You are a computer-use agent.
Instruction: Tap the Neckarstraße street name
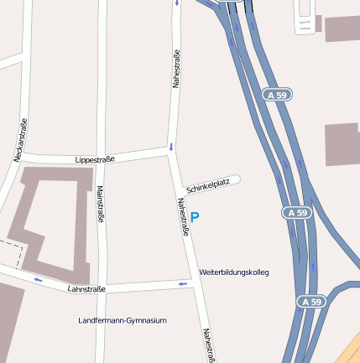21,140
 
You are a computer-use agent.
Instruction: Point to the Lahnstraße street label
86,289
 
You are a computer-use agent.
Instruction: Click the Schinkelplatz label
208,184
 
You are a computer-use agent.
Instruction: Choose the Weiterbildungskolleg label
234,272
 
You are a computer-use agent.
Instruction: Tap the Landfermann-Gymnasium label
123,320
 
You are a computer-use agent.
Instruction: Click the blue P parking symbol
196,218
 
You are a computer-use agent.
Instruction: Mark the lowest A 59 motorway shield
310,301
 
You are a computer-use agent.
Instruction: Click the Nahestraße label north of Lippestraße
176,69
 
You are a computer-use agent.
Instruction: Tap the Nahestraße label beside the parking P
182,216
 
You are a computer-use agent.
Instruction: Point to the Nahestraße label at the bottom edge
208,345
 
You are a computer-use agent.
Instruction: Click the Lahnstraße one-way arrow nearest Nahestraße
183,285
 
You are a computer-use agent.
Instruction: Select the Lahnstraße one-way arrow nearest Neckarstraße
38,279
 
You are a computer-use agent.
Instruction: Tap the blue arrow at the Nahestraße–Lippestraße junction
171,148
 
